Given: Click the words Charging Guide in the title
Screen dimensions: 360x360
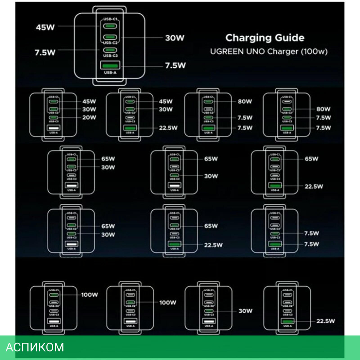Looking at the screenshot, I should point(265,38).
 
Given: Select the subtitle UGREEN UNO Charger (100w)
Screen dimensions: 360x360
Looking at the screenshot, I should point(269,51).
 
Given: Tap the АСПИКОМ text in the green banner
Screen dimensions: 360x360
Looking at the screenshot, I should point(35,347).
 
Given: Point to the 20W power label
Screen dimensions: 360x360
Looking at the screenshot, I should point(89,117).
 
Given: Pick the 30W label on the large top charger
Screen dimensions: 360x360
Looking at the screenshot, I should point(175,38).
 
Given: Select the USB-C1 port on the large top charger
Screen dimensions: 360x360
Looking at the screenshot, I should point(111,26).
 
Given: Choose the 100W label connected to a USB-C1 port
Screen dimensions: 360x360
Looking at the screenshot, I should point(90,295).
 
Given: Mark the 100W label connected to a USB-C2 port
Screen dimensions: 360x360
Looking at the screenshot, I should point(168,302).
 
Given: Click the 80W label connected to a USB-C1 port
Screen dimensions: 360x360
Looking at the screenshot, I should point(244,102).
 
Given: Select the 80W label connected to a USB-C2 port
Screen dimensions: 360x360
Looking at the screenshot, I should point(323,109).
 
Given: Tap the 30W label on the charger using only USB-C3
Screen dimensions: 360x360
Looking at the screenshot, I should point(245,311).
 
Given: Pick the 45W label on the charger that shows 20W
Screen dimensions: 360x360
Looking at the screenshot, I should point(89,101).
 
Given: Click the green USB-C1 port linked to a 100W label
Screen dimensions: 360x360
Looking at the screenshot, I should point(53,295).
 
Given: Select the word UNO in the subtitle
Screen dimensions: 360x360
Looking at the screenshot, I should point(256,51).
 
